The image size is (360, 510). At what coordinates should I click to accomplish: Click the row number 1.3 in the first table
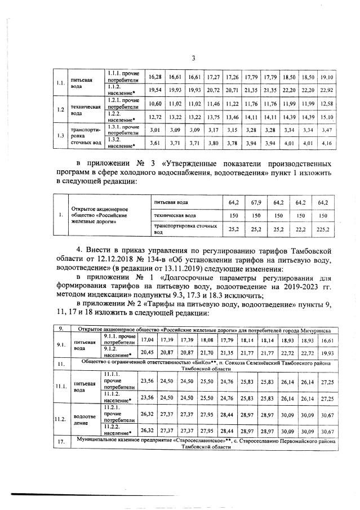tap(59, 135)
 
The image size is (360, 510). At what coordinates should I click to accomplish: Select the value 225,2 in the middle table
tap(323, 229)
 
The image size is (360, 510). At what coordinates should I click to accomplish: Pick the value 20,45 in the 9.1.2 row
tap(147, 352)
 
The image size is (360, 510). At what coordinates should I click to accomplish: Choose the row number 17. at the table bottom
tap(60, 441)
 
